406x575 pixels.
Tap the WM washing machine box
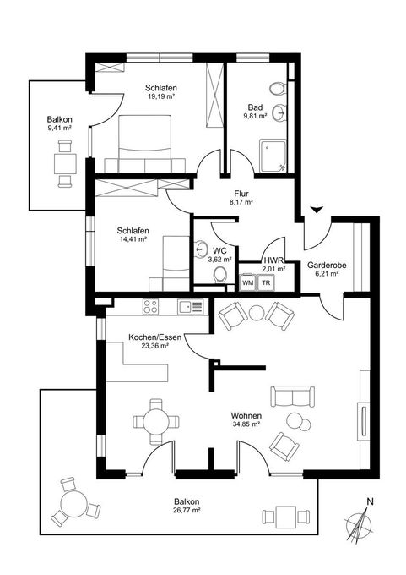coord(248,283)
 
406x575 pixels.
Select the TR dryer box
coord(265,283)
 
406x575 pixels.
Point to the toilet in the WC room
coord(200,248)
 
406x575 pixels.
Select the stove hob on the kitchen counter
coord(152,305)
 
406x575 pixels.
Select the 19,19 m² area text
coord(159,96)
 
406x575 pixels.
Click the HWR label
coord(273,260)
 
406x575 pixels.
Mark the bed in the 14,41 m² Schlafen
coord(168,260)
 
